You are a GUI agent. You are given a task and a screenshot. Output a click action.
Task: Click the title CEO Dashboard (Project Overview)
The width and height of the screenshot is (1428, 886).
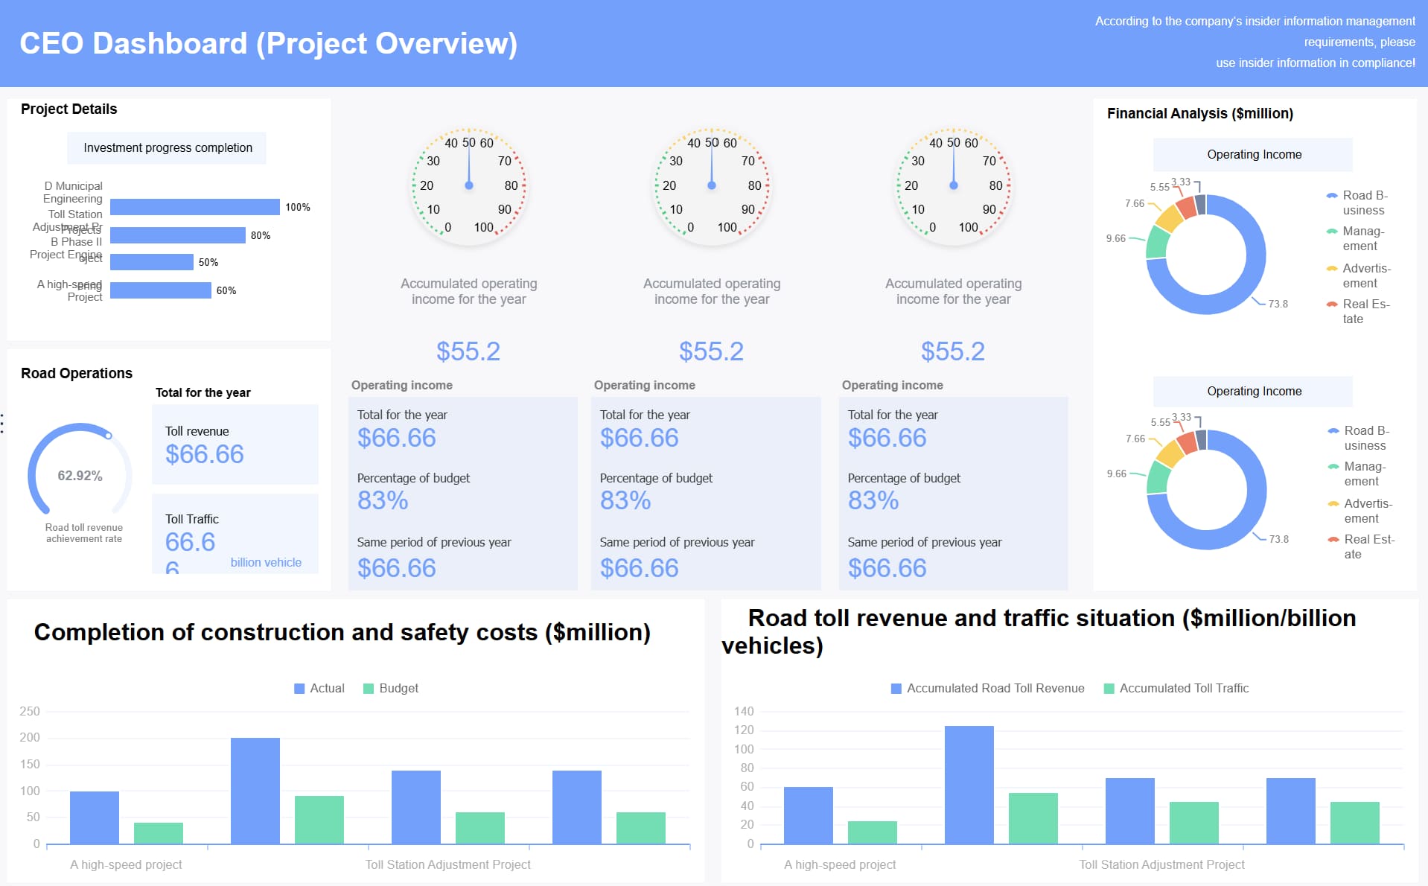(268, 43)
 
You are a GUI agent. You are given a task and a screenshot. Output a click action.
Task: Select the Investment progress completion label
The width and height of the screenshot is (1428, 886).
(168, 148)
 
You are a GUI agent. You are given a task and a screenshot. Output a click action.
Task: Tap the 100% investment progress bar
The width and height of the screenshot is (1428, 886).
(195, 207)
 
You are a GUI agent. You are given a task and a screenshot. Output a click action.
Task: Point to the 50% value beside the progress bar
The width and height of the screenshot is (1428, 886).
(208, 263)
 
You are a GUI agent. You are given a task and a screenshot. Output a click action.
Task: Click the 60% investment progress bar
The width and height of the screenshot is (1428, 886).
(161, 290)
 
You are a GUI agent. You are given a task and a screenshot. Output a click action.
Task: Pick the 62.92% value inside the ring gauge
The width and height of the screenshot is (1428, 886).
(80, 476)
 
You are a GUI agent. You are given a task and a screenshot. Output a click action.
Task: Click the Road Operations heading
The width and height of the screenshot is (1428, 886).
(77, 374)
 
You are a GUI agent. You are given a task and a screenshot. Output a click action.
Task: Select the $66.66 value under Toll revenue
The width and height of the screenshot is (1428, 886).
(205, 454)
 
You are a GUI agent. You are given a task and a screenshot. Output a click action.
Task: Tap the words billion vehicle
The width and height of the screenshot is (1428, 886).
(266, 563)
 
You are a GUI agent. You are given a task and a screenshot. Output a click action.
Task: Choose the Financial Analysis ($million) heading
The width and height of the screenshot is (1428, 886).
(1199, 113)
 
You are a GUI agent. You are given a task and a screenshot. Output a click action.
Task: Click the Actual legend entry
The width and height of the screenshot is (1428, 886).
(319, 689)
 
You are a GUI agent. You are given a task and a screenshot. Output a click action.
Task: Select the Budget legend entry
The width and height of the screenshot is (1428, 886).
(391, 689)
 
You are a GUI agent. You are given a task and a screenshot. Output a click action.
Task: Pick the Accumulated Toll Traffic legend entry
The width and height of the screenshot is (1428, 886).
(1176, 689)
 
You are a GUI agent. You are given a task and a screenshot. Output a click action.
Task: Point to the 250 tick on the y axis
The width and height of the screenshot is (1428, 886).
(30, 711)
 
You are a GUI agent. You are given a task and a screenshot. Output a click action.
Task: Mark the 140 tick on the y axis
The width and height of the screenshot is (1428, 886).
(744, 711)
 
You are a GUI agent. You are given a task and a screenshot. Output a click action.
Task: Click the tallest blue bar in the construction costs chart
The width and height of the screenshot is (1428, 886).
(255, 791)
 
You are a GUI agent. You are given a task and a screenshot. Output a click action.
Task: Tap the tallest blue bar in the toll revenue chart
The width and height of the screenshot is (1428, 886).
(969, 785)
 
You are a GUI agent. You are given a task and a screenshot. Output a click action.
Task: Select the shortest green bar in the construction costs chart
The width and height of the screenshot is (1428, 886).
(159, 833)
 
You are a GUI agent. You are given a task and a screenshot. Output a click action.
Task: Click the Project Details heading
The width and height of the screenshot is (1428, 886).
(68, 109)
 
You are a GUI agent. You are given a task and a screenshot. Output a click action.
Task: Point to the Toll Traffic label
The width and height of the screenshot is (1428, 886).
(192, 519)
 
